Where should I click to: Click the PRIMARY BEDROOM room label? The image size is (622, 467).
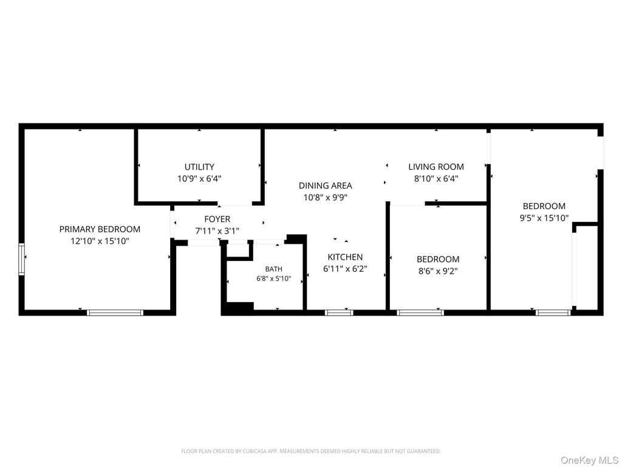pyautogui.click(x=100, y=229)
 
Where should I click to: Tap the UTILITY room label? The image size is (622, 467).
pyautogui.click(x=199, y=167)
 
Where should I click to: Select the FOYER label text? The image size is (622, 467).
pyautogui.click(x=217, y=219)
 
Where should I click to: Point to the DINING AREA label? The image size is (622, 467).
pyautogui.click(x=326, y=185)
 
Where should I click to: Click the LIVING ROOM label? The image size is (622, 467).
pyautogui.click(x=436, y=167)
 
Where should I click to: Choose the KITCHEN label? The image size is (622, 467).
pyautogui.click(x=345, y=257)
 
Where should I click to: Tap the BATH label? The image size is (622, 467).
pyautogui.click(x=274, y=269)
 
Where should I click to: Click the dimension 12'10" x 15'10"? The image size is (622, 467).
pyautogui.click(x=100, y=241)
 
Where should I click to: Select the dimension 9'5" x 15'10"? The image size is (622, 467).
pyautogui.click(x=544, y=218)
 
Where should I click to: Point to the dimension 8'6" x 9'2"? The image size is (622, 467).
pyautogui.click(x=438, y=271)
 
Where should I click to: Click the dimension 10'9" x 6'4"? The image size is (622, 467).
pyautogui.click(x=199, y=179)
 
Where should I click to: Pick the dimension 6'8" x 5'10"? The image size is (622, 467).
pyautogui.click(x=274, y=278)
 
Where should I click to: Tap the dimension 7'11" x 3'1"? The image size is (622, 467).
pyautogui.click(x=217, y=230)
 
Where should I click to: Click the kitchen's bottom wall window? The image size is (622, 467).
pyautogui.click(x=339, y=313)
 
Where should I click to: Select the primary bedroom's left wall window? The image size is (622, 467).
pyautogui.click(x=21, y=259)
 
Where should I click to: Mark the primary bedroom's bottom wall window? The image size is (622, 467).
pyautogui.click(x=115, y=313)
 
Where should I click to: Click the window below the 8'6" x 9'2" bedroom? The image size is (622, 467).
pyautogui.click(x=420, y=313)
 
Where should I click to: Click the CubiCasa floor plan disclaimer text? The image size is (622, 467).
pyautogui.click(x=310, y=451)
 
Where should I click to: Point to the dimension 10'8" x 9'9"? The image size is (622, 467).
pyautogui.click(x=326, y=198)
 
